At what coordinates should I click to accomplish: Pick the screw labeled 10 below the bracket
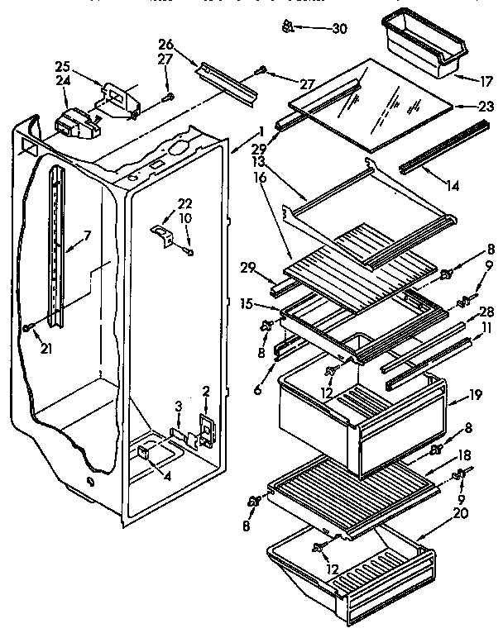point(191,251)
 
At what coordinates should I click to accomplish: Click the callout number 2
point(205,390)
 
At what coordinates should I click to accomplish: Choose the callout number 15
point(246,303)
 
